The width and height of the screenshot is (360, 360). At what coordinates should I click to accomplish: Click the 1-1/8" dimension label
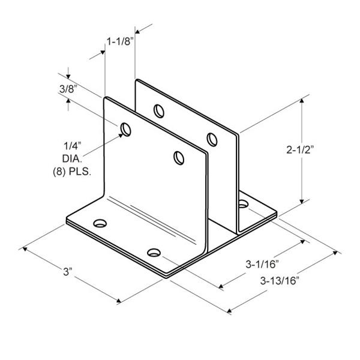point(120,41)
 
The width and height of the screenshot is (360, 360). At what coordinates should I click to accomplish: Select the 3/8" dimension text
point(67,89)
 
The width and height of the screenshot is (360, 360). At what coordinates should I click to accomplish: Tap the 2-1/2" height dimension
point(300,150)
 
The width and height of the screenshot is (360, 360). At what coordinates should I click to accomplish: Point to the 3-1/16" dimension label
point(262,264)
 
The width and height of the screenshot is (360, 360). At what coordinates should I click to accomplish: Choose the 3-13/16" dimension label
point(280,281)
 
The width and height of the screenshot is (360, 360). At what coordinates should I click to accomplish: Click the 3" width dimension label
point(68,272)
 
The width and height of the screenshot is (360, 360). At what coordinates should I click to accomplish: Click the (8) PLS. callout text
point(72,172)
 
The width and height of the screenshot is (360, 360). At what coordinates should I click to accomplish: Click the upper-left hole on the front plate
point(126,130)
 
